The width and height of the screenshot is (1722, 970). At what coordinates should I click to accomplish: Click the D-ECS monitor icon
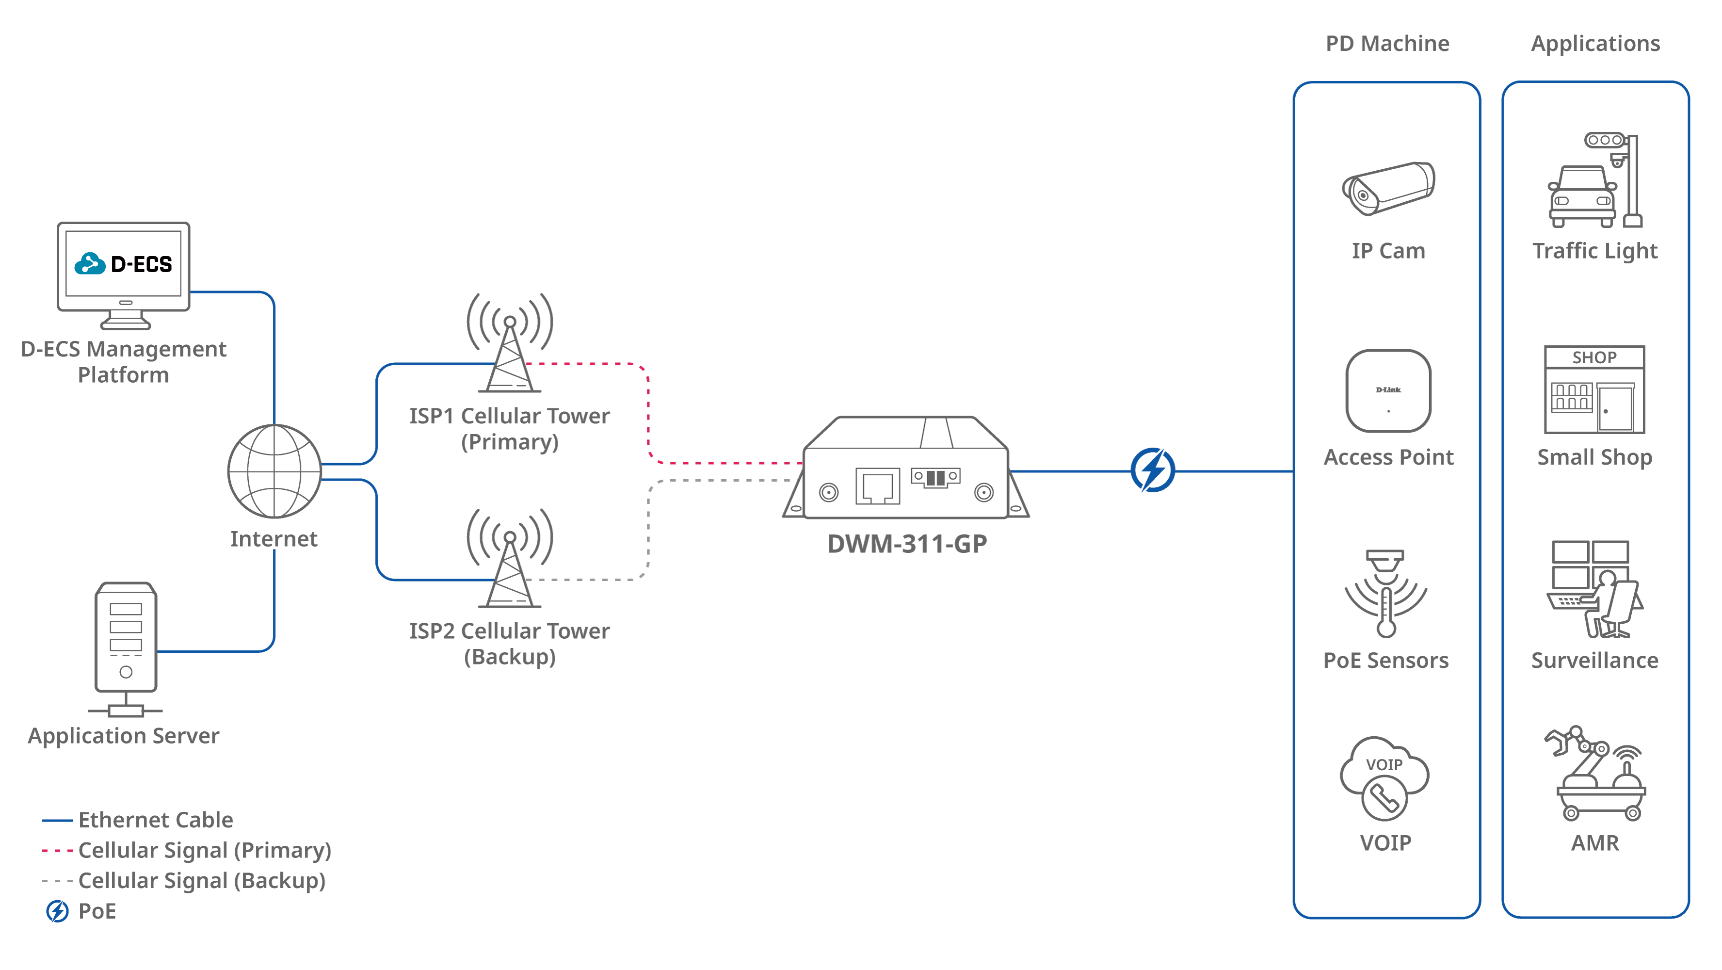click(124, 267)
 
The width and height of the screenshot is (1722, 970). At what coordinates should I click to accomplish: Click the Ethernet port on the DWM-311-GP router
click(878, 486)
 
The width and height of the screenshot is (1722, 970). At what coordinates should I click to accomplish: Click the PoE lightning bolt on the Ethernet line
click(1153, 470)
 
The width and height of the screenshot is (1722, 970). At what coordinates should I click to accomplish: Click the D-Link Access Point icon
click(1388, 391)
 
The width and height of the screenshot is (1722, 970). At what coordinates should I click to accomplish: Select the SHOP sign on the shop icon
click(1594, 357)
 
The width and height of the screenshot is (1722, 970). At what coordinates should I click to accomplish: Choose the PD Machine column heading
click(1387, 44)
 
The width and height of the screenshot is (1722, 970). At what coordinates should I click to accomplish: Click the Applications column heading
click(1595, 44)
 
